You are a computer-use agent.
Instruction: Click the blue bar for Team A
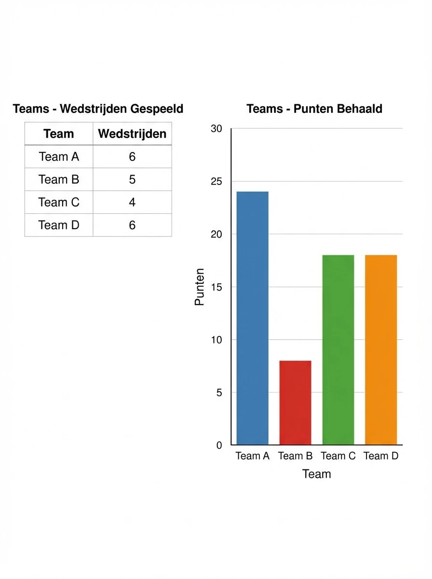click(x=252, y=318)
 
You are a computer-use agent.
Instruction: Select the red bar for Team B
click(x=295, y=403)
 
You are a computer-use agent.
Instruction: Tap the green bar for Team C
click(x=338, y=350)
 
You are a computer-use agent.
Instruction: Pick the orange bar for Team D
click(x=381, y=350)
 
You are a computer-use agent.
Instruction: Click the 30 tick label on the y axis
click(x=216, y=129)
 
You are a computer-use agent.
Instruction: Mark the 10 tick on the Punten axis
click(x=216, y=340)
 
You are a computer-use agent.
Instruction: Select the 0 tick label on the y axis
click(x=219, y=445)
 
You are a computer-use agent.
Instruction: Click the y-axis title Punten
click(x=200, y=287)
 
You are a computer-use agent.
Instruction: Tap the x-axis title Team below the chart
click(x=317, y=474)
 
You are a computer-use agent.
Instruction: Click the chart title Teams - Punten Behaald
click(x=314, y=109)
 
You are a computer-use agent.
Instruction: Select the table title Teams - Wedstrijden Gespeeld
click(x=98, y=109)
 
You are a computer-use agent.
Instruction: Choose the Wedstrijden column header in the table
click(x=132, y=134)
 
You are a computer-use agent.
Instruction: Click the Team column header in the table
click(x=59, y=134)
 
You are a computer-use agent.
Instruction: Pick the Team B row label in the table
click(x=59, y=179)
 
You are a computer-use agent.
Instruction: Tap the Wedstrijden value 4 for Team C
click(x=132, y=202)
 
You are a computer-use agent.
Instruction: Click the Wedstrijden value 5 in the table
click(x=132, y=179)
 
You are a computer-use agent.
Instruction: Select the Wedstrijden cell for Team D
click(x=132, y=225)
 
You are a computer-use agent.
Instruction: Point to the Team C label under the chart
click(x=338, y=456)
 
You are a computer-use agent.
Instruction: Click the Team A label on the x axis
click(x=252, y=456)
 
